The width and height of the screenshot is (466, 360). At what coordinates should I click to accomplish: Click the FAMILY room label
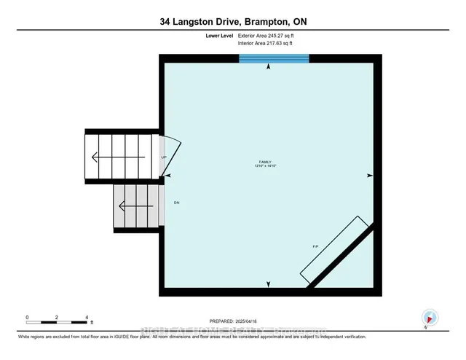(268, 162)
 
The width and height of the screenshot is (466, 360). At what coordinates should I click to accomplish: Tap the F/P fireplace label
(315, 247)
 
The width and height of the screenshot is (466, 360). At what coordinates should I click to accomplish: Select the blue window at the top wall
(274, 58)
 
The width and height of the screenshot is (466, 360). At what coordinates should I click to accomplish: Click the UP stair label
(164, 157)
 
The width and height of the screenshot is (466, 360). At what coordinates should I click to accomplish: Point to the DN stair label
(175, 202)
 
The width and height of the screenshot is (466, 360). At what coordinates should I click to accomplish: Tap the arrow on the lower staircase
(127, 206)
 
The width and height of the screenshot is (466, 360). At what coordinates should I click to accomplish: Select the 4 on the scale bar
(87, 317)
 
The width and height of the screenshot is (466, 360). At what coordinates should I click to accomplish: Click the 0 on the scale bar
(27, 317)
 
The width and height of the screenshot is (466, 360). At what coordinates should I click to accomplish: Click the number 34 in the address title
(167, 23)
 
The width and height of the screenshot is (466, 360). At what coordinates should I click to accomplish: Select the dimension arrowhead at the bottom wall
(269, 284)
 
